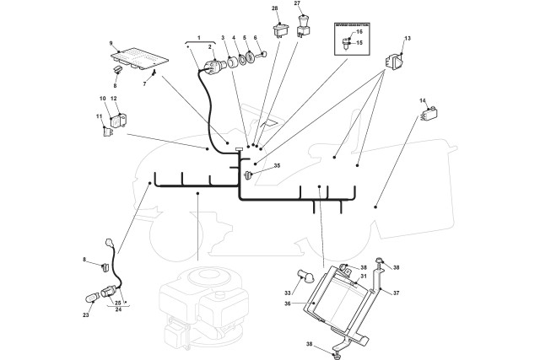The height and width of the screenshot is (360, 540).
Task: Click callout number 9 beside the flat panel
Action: pos(111,43)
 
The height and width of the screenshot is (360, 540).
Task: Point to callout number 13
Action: pos(408,39)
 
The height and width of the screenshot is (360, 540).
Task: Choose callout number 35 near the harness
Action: pos(276,166)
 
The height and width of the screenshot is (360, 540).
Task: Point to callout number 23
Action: pos(85,315)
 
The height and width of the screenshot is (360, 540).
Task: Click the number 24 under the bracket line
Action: pos(119,309)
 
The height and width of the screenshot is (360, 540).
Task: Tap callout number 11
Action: pos(98,116)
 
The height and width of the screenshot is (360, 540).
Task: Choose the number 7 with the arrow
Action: pos(144,83)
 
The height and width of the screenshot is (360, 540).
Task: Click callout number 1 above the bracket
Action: pos(199,39)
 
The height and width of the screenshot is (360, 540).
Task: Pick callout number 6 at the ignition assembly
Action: pos(255,39)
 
